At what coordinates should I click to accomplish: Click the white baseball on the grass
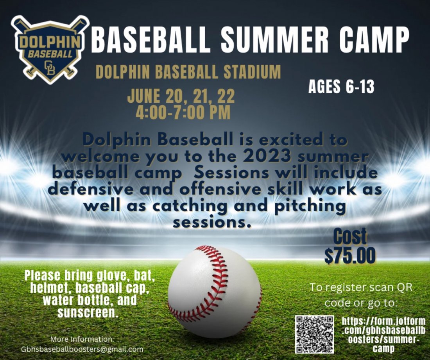point(214,291)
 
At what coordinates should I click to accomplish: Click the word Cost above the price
point(350,237)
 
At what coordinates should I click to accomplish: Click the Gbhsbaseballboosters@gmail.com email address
point(82,349)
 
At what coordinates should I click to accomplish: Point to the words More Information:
point(82,339)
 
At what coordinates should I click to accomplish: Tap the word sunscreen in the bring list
point(88,313)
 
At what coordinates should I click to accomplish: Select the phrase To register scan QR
point(361,288)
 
